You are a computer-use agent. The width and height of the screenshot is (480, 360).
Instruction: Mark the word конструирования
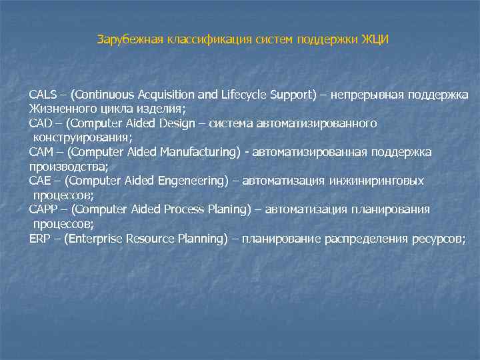tap(80, 137)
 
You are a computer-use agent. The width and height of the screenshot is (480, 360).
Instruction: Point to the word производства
tap(66, 167)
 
